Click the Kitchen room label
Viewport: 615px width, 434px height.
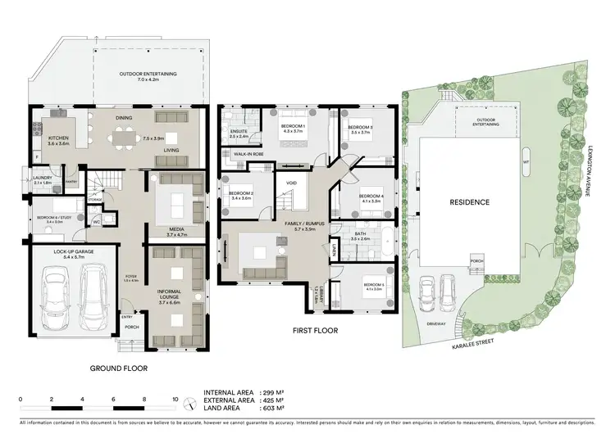point(58,138)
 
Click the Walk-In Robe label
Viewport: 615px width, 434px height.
point(248,152)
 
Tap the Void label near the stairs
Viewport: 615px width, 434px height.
point(291,183)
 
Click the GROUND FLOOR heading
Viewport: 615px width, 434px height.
point(118,368)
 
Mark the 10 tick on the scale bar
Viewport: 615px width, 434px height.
point(175,400)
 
